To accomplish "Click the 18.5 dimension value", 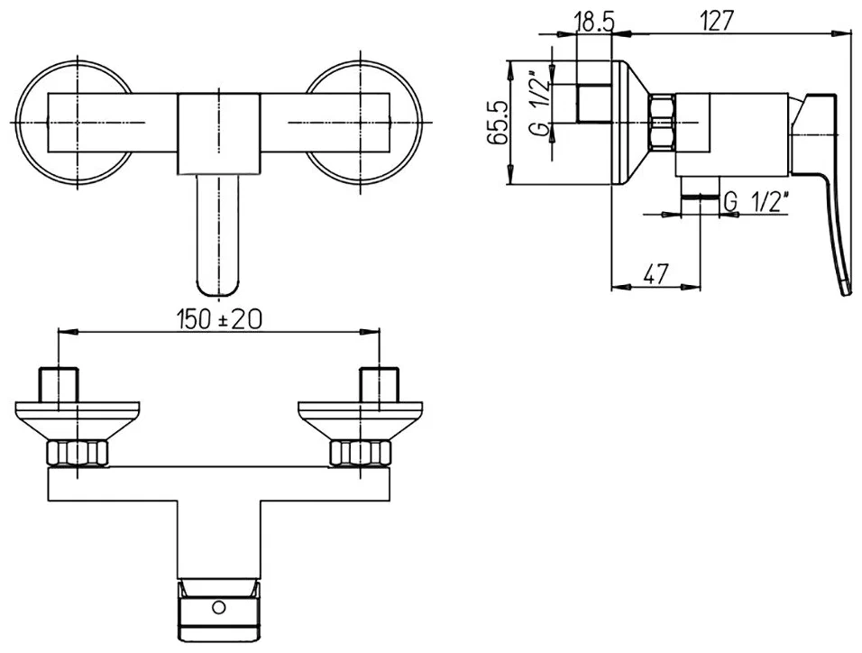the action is pyautogui.click(x=593, y=22).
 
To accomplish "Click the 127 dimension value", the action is pyautogui.click(x=717, y=21).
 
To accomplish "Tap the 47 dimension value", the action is pyautogui.click(x=656, y=274).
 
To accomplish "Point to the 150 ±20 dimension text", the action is pyautogui.click(x=219, y=319).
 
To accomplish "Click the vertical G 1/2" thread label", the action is pyautogui.click(x=542, y=104).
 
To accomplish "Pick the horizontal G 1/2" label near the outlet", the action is pyautogui.click(x=757, y=202).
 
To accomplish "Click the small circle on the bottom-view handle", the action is pyautogui.click(x=219, y=608).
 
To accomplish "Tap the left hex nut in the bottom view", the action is pyautogui.click(x=77, y=454).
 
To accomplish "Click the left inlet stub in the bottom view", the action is pyautogui.click(x=58, y=384).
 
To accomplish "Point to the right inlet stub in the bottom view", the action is pyautogui.click(x=380, y=384).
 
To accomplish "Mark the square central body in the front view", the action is pyautogui.click(x=219, y=134).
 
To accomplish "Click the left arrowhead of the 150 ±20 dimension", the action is pyautogui.click(x=67, y=332).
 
